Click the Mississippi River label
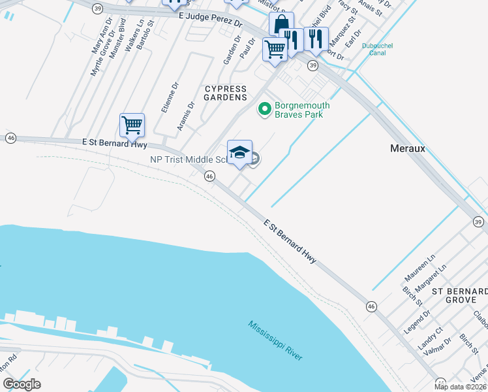[x=275, y=340]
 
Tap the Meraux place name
[x=407, y=148]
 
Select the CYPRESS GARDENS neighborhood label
[x=226, y=93]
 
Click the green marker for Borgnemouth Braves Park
[x=265, y=109]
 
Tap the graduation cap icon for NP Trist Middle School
[x=239, y=152]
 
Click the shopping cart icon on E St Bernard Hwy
[x=132, y=124]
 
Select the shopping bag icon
[x=281, y=25]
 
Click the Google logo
[x=22, y=384]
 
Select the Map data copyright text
[x=461, y=387]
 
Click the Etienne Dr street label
[x=170, y=97]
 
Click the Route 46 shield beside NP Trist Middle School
[x=209, y=176]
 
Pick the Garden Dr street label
[x=229, y=50]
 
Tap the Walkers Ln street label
[x=136, y=35]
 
